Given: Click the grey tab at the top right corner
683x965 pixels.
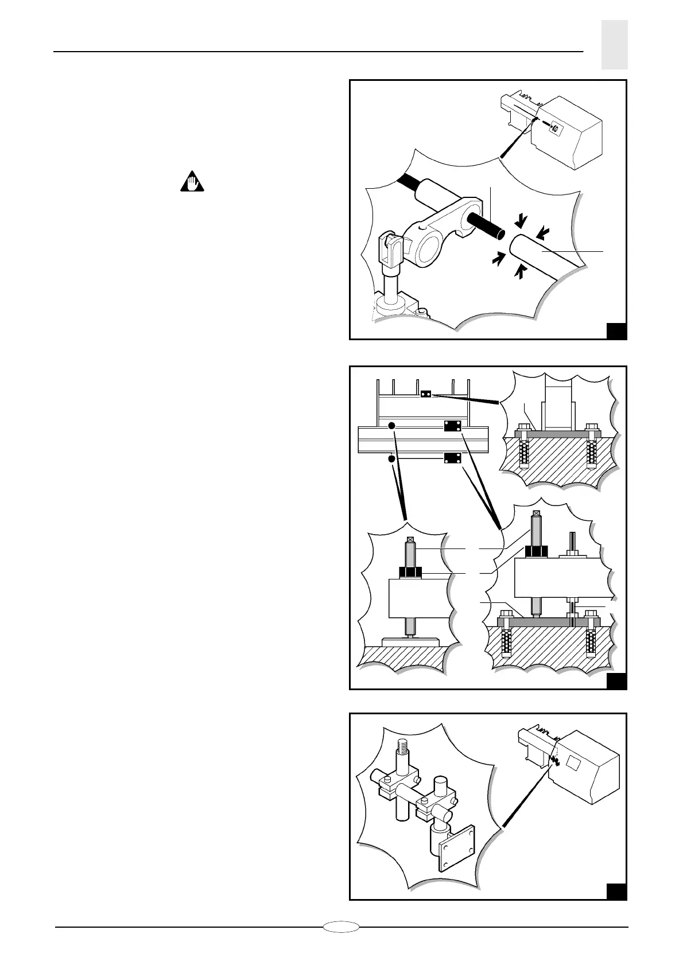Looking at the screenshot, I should (614, 45).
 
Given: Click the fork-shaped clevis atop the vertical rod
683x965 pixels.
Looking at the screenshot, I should (392, 252).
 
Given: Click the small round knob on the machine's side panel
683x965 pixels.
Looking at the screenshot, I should (554, 129).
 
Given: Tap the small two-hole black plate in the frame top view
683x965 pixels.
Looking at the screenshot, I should (425, 394).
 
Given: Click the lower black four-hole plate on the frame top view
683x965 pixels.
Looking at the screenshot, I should (453, 458).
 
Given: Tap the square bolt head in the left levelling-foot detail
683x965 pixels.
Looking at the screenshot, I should (410, 540).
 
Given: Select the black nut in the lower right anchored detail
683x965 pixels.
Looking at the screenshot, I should (535, 551).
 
